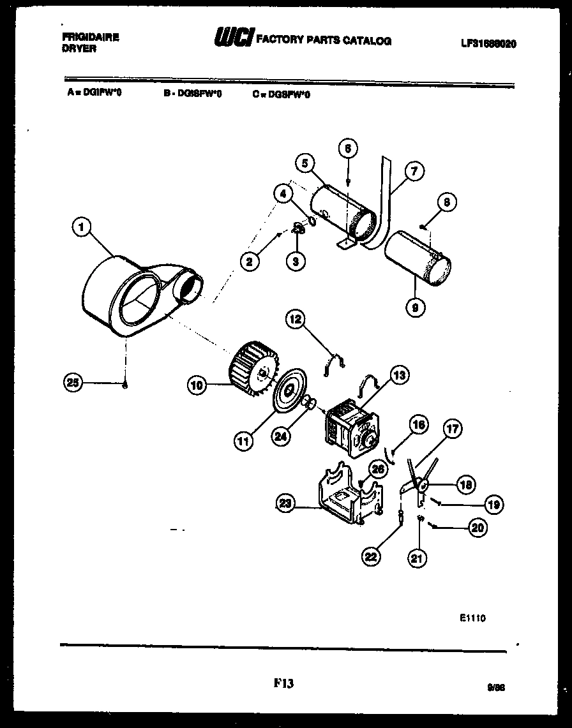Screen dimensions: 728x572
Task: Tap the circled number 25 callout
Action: tap(73, 383)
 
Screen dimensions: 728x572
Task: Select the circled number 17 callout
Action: tap(452, 430)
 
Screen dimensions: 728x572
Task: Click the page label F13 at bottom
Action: tap(284, 683)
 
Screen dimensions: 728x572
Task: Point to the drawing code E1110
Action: tap(472, 618)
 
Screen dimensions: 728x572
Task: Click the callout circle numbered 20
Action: tap(477, 527)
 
